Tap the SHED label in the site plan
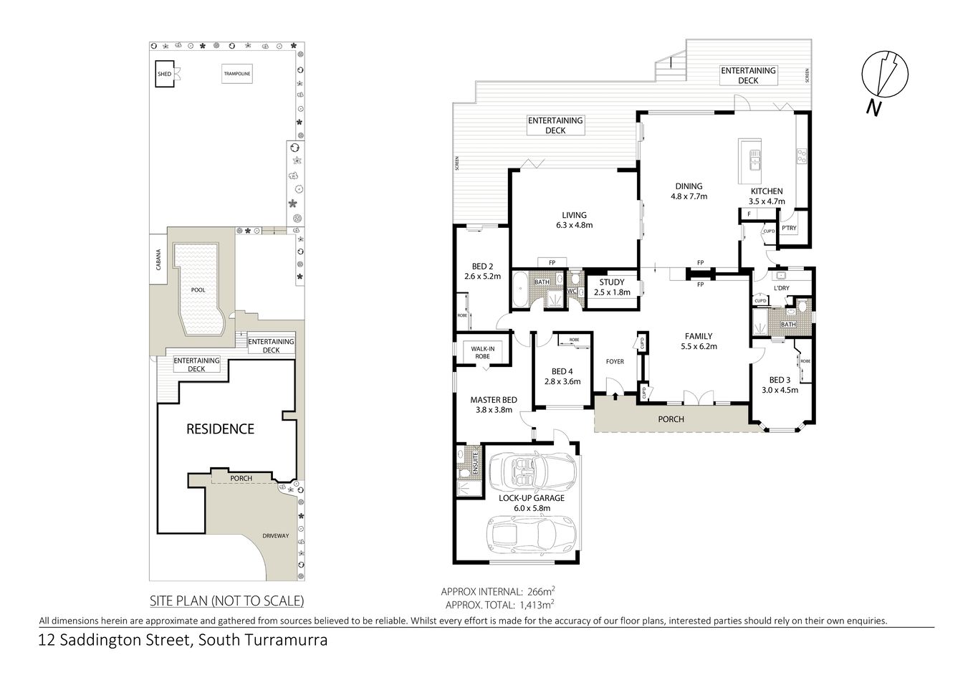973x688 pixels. pyautogui.click(x=164, y=73)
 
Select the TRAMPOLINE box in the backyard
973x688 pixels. pyautogui.click(x=236, y=73)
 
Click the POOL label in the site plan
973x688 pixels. pyautogui.click(x=198, y=290)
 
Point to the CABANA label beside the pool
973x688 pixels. pyautogui.click(x=158, y=260)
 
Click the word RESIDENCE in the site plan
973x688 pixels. pyautogui.click(x=220, y=429)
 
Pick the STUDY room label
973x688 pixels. pyautogui.click(x=611, y=282)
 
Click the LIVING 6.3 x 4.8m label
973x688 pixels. pyautogui.click(x=574, y=219)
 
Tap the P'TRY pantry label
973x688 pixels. pyautogui.click(x=789, y=229)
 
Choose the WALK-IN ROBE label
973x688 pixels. pyautogui.click(x=482, y=352)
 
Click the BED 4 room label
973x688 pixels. pyautogui.click(x=562, y=371)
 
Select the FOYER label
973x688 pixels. pyautogui.click(x=615, y=361)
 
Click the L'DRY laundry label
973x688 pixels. pyautogui.click(x=781, y=288)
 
